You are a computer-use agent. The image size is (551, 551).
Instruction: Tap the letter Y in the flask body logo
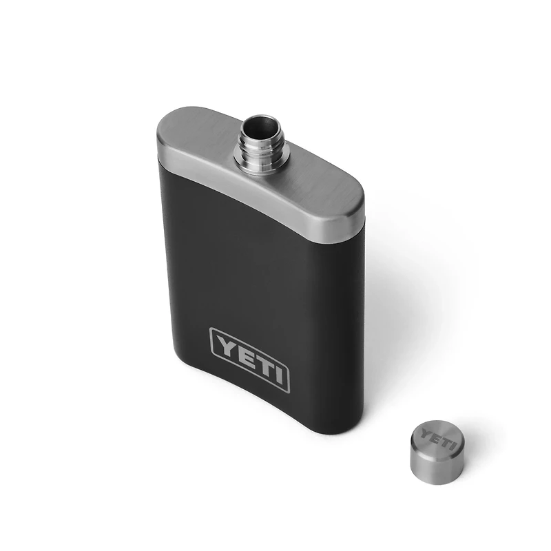[224, 344]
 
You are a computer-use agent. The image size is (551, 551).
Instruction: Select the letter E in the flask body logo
[241, 354]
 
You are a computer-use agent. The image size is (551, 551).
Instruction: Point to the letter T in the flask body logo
[258, 364]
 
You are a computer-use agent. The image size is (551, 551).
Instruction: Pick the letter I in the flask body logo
[275, 375]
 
